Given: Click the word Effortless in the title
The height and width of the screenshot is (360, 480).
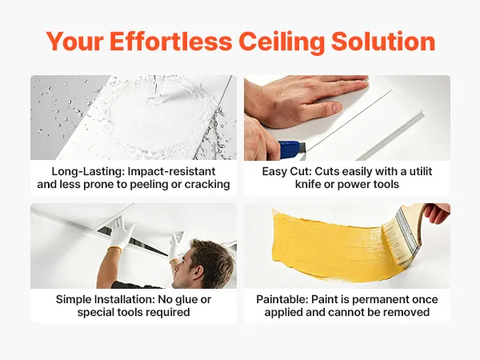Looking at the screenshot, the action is point(171,41).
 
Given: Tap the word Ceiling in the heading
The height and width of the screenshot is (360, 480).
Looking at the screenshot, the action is point(282,42).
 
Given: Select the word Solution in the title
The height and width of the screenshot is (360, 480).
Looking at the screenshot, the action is point(383,41).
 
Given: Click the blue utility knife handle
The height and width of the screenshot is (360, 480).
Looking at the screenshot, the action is point(290,150).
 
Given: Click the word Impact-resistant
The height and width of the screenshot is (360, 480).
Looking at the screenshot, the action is point(171,171).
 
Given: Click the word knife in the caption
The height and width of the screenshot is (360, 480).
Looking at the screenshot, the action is point(308,184).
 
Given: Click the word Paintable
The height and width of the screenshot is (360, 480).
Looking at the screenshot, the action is point(282,299).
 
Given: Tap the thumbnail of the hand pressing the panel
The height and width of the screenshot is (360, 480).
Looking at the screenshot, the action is point(347,118).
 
